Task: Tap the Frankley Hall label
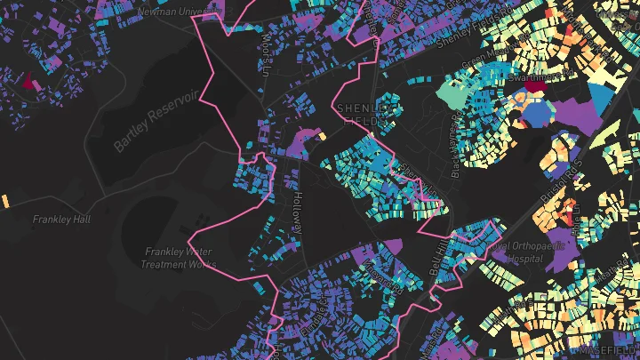pos(62,219)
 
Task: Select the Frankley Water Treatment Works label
pos(178,258)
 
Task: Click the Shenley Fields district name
pos(364,115)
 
